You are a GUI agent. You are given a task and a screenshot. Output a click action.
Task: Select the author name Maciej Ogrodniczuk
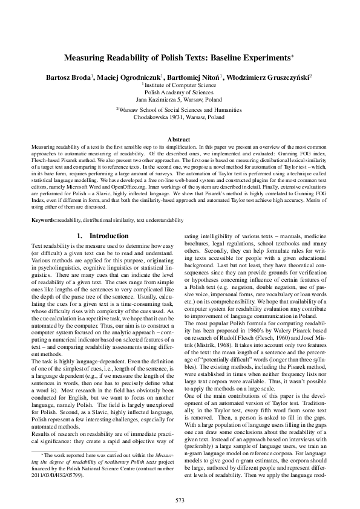[x=128, y=78]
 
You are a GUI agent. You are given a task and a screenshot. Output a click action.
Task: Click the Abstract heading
[x=180, y=139]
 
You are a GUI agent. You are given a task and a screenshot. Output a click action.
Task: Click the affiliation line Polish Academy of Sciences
[x=180, y=93]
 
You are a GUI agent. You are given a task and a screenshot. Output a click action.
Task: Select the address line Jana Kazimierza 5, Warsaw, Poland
[x=180, y=100]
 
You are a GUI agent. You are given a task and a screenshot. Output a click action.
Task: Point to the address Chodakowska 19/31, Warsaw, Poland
[x=180, y=118]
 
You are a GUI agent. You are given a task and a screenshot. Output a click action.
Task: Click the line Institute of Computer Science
[x=180, y=86]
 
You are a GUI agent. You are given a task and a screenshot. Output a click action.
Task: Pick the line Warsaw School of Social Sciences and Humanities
[x=180, y=111]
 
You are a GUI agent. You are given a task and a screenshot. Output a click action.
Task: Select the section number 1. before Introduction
[x=80, y=235]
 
